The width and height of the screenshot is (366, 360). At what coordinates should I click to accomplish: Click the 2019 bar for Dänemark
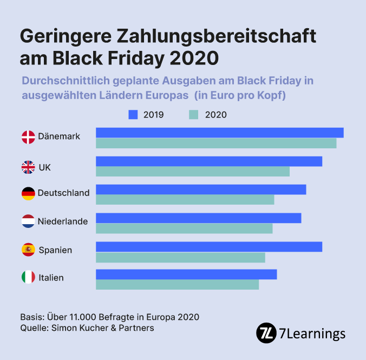219,133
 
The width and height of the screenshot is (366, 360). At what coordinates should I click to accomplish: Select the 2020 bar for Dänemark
216,143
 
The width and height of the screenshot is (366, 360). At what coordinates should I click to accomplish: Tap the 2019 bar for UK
209,161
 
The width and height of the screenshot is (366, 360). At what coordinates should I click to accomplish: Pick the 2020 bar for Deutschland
185,200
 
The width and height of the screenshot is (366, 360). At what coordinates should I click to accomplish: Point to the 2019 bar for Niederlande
198,218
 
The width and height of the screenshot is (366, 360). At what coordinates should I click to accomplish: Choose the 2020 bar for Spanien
180,257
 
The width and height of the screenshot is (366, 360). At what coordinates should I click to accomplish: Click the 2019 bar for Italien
186,274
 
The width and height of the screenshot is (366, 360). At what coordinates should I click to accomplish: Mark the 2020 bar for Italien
177,285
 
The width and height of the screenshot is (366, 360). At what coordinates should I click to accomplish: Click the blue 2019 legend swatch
133,114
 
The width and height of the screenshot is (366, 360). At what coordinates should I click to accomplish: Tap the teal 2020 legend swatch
193,114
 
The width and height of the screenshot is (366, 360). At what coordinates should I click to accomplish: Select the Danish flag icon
28,137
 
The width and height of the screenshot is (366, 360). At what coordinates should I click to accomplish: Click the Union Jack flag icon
28,167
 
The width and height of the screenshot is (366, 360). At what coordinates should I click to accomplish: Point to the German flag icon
28,193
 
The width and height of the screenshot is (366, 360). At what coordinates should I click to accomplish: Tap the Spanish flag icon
28,250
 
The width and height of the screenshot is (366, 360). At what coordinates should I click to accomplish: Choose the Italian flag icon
28,278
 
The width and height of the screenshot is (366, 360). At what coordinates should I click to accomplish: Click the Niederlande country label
63,221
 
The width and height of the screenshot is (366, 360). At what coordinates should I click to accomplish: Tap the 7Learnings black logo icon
266,332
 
